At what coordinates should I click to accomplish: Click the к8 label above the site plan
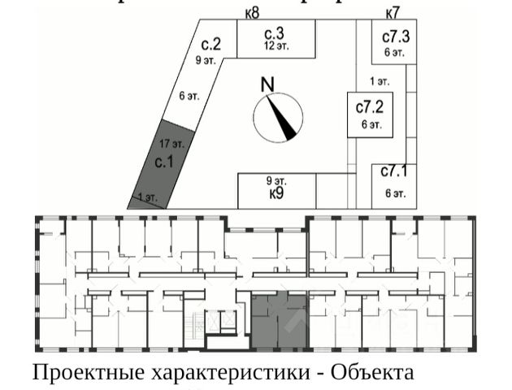coord(252,13)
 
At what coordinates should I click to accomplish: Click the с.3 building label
coord(275,33)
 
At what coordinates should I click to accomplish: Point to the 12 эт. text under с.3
coord(276,46)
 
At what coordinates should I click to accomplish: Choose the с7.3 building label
coord(396,37)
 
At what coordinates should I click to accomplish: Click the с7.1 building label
coord(395,172)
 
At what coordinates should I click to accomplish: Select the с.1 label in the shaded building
coord(165,161)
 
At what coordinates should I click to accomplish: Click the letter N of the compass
coord(267,84)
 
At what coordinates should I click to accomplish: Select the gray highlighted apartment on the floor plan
coord(278,321)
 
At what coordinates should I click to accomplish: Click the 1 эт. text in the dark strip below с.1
coord(147,197)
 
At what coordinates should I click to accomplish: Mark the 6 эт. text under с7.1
coord(395,193)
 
